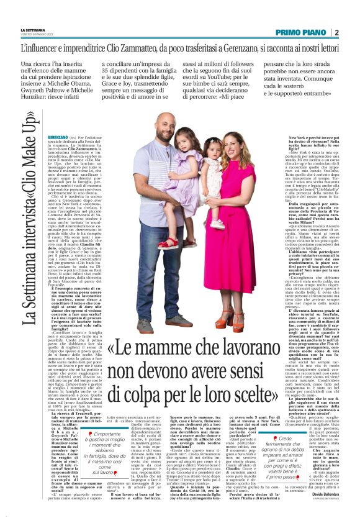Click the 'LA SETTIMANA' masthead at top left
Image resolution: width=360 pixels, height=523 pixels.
click(33, 30)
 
